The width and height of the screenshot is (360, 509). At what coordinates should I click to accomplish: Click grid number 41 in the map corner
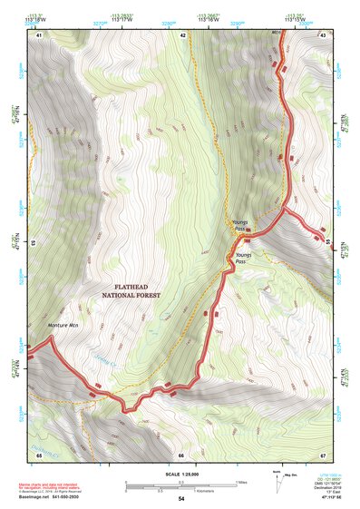tap(38, 34)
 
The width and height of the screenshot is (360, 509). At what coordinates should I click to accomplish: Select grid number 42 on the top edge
tap(183, 34)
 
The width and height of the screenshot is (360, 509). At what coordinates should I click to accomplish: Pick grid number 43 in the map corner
tap(323, 34)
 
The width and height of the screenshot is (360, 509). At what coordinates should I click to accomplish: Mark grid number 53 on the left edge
tap(34, 243)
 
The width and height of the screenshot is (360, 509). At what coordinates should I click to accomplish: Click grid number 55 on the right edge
tap(327, 243)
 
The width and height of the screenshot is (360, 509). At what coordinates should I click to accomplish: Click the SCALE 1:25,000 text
tap(180, 474)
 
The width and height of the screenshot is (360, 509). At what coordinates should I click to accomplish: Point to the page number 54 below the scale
tap(180, 499)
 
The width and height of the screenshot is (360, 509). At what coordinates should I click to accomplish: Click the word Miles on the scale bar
tap(240, 482)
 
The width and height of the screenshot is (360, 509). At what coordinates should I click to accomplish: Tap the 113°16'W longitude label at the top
tap(208, 17)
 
